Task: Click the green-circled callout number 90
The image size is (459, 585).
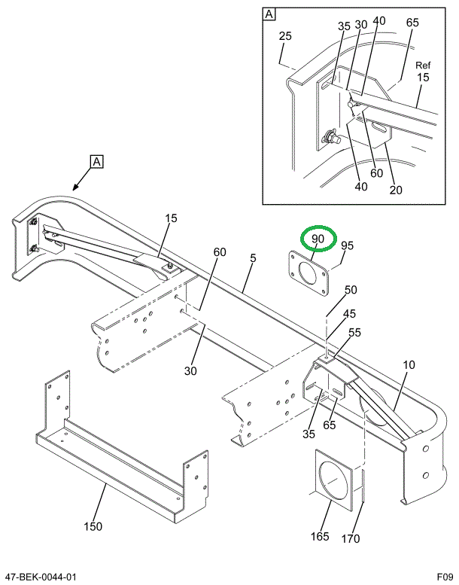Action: tap(318, 239)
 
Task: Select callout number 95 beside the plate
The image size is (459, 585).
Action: tap(347, 245)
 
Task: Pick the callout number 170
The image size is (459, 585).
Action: tap(350, 538)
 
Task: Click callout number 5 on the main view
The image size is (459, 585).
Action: tap(254, 258)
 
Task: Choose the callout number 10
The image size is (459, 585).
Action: tap(409, 365)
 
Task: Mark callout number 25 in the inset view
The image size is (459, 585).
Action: tap(284, 36)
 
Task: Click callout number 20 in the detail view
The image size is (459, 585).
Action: tap(396, 189)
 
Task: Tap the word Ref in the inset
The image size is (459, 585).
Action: tap(423, 65)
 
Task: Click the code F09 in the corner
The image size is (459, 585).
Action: tap(445, 577)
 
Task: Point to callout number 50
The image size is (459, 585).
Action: tap(351, 290)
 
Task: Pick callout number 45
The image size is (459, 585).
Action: tap(351, 314)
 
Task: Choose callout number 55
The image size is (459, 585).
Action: tap(354, 332)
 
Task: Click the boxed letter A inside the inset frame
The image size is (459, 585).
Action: tap(269, 14)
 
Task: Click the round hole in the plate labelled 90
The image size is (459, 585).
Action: tap(309, 272)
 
